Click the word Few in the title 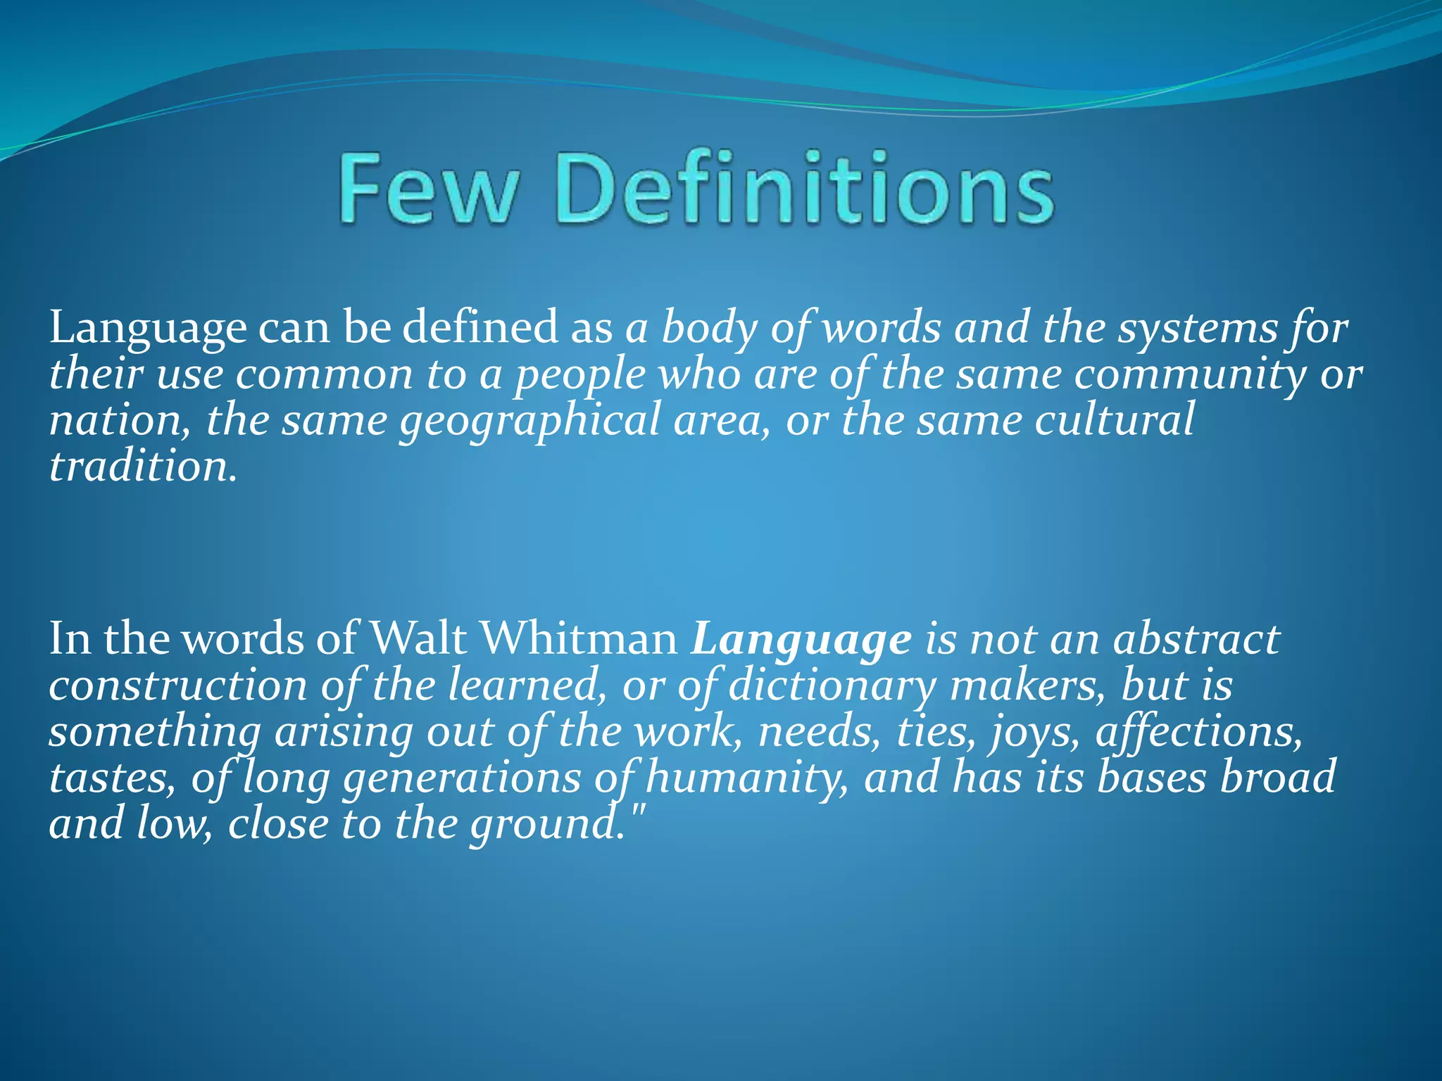point(428,188)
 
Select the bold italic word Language point(801,640)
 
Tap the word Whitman point(579,639)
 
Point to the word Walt point(418,639)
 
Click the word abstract point(1196,639)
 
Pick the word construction point(178,686)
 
